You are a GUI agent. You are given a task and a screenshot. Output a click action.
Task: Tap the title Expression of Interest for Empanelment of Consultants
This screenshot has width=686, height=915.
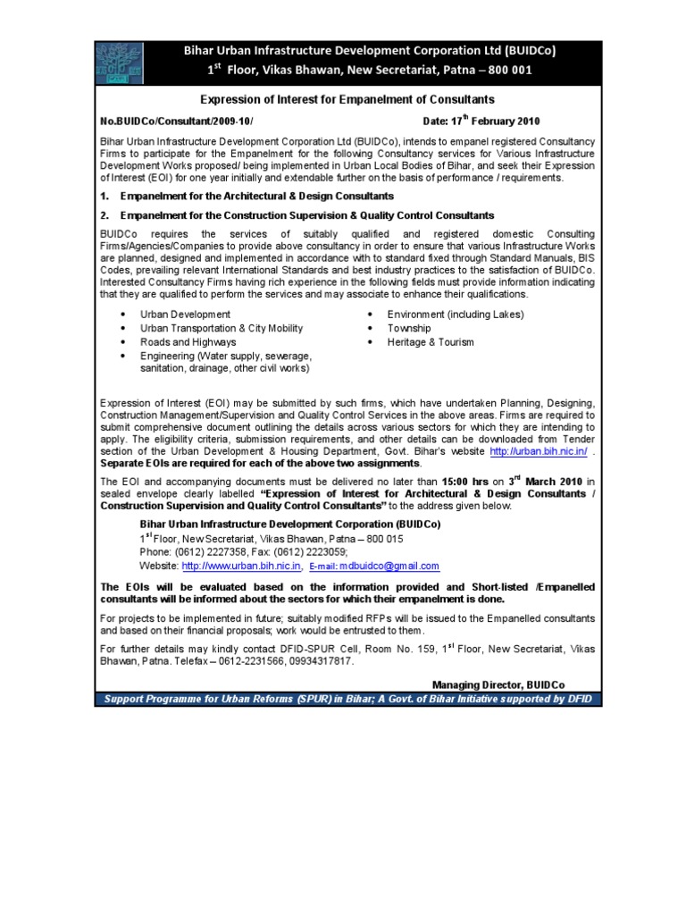click(347, 99)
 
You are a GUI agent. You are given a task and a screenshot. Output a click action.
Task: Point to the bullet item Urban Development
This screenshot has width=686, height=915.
click(185, 314)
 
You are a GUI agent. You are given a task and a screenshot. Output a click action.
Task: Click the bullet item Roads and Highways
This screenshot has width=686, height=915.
click(188, 341)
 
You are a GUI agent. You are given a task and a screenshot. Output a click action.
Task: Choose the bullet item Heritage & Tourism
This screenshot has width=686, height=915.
click(430, 341)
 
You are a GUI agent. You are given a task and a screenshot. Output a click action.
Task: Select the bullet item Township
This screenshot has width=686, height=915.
click(408, 328)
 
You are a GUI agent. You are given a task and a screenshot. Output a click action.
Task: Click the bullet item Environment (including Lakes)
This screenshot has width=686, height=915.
click(455, 314)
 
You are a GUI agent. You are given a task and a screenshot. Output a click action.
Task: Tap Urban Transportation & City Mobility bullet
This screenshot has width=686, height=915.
click(221, 328)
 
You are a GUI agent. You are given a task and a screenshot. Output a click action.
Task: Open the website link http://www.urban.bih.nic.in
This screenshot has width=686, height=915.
click(241, 566)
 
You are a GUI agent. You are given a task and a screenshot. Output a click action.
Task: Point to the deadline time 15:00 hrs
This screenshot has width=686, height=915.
click(471, 481)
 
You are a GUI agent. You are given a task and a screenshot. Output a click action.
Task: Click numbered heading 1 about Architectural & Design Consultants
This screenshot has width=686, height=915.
click(247, 196)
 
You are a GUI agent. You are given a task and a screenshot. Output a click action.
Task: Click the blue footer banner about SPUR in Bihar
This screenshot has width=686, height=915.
click(348, 698)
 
